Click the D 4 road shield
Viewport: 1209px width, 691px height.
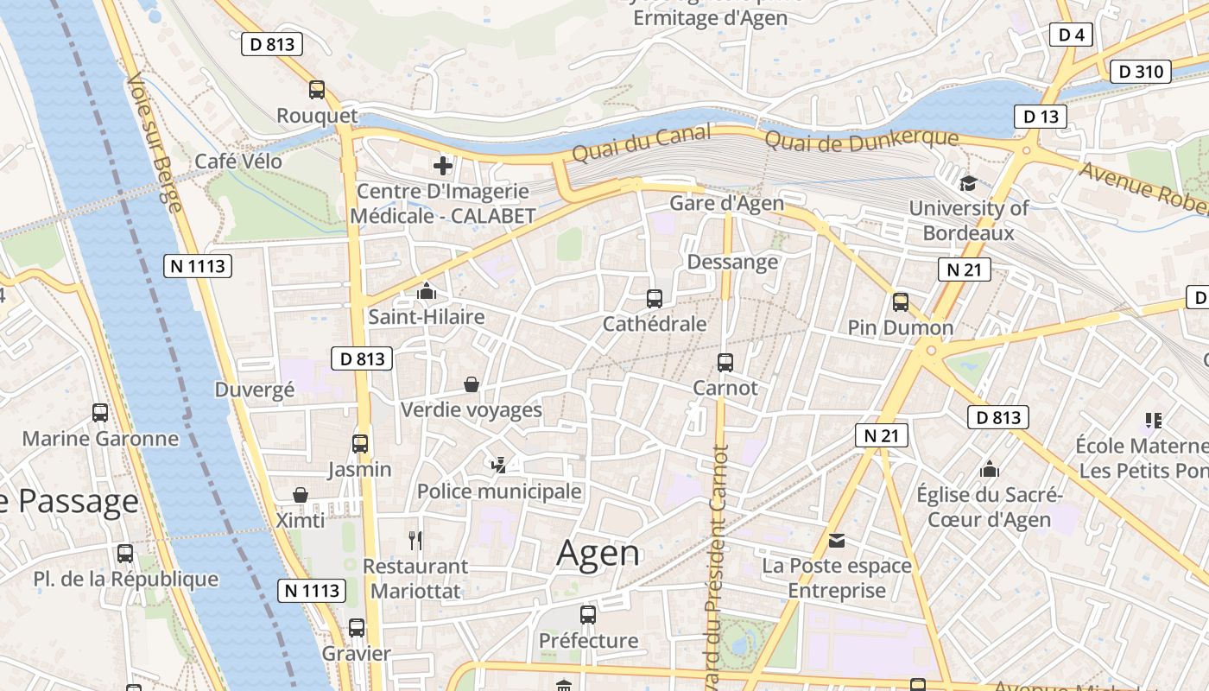click(x=1071, y=35)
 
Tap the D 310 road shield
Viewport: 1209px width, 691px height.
click(x=1140, y=72)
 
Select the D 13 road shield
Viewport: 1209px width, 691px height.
click(x=1040, y=117)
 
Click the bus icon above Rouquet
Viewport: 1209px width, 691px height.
click(x=317, y=89)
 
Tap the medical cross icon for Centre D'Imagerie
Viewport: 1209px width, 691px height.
click(x=443, y=165)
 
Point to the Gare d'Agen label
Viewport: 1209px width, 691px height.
click(x=727, y=203)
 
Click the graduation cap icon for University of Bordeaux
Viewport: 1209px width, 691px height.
click(x=968, y=183)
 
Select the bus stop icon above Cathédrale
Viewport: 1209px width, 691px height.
click(x=655, y=299)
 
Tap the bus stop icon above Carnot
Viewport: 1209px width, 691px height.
click(x=725, y=363)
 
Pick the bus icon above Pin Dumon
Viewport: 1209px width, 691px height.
click(x=901, y=302)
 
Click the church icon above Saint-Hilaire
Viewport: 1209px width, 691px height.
click(x=427, y=292)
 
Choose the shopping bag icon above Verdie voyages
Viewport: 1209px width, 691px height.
click(x=472, y=384)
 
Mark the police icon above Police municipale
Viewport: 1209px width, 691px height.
click(x=498, y=466)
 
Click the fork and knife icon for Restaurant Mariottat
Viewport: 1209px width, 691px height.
click(x=415, y=541)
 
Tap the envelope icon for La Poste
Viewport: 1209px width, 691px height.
click(x=836, y=541)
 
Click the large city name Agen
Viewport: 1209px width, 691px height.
click(x=598, y=553)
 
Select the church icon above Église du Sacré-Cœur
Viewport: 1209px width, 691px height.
click(x=989, y=470)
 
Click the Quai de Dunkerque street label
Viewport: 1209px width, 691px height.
click(x=862, y=138)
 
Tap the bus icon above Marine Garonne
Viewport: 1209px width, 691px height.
click(x=100, y=413)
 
